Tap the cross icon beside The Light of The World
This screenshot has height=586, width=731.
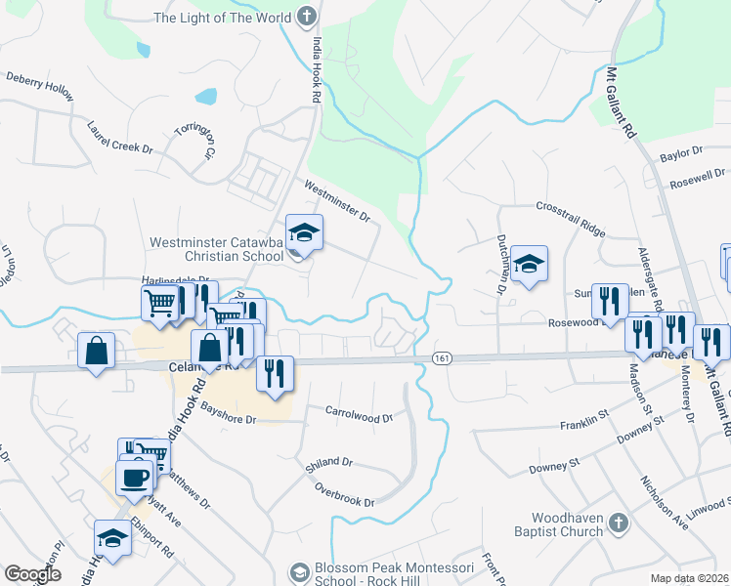(x=307, y=16)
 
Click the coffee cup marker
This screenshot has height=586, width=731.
(x=134, y=478)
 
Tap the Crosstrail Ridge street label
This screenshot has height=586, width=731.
(x=571, y=207)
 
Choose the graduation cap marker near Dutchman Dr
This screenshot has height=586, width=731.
(x=529, y=264)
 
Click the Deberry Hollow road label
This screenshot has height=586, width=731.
(x=40, y=85)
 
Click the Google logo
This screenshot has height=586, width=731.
(x=32, y=574)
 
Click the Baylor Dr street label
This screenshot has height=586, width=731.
(x=681, y=153)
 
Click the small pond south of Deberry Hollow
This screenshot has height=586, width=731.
(x=206, y=96)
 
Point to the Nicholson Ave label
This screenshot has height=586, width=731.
(x=665, y=502)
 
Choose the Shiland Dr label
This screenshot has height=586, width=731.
(x=328, y=462)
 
